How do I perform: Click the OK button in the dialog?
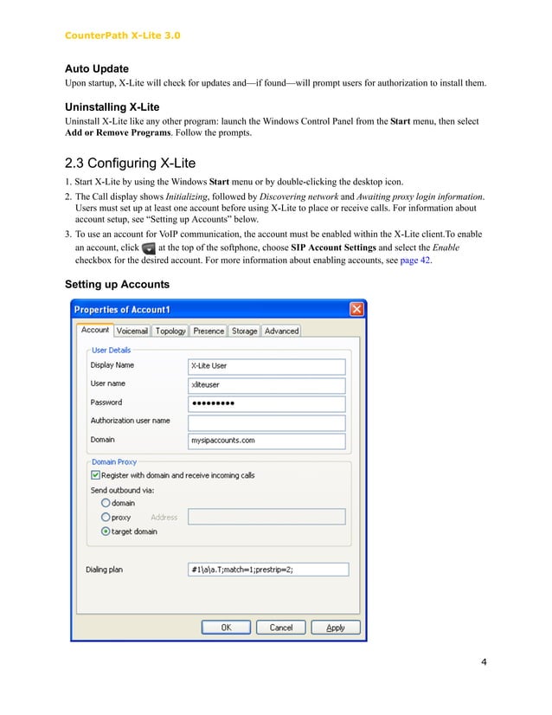[226, 628]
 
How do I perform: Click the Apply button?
[336, 628]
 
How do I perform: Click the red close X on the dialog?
[356, 310]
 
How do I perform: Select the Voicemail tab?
[132, 331]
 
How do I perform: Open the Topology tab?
[170, 331]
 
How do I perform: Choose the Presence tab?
[209, 331]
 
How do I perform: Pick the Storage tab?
[245, 331]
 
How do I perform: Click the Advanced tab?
[281, 331]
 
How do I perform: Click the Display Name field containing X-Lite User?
[266, 366]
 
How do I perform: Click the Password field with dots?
[266, 403]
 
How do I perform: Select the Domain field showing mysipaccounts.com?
[266, 441]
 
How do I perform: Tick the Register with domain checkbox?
[95, 475]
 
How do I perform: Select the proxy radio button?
[106, 518]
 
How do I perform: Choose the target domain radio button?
[106, 531]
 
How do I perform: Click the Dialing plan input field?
[267, 570]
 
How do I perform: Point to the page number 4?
[484, 663]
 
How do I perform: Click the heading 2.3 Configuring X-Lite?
[130, 164]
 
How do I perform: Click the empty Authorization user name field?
[266, 422]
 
